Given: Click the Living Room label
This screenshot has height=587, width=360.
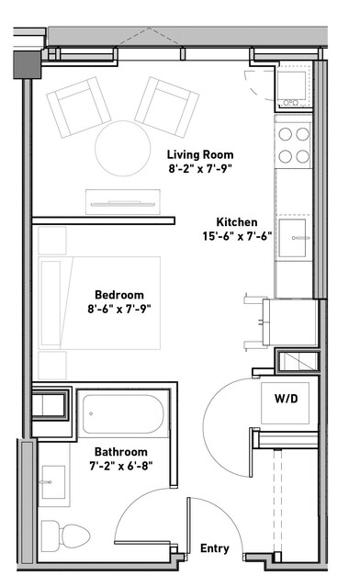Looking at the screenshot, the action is tap(200, 154).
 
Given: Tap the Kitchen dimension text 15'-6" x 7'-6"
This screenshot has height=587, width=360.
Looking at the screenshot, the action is tap(237, 237).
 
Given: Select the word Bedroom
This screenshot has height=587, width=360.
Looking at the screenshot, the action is tap(119, 295).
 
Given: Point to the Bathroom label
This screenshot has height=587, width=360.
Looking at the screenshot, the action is tap(121, 452).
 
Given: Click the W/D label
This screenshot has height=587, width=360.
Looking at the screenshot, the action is tap(287, 399).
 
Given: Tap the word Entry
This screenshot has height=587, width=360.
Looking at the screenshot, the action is tap(215, 548).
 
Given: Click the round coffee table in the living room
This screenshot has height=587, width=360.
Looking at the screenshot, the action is tap(123, 148).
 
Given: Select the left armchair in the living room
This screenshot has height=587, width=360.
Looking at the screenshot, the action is tap(79, 107).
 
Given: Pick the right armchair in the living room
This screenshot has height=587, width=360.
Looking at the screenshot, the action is tap(167, 107).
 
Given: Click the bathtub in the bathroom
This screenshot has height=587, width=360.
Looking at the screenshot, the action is tap(123, 414).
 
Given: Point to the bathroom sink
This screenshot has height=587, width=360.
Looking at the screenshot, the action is tap(53, 482).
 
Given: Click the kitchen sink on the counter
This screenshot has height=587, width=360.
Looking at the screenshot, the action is tap(293, 238).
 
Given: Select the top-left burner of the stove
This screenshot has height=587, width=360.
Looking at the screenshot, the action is tap(286, 133).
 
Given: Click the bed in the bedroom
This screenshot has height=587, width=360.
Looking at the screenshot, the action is tap(99, 303).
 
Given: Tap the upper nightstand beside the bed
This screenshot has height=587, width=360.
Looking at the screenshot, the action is tap(52, 241).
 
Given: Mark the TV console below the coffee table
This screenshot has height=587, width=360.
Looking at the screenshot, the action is tap(123, 202).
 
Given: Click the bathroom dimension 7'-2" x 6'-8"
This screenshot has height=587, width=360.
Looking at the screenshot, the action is tap(121, 467).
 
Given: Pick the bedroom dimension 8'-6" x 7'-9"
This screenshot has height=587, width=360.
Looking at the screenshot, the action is tap(119, 310).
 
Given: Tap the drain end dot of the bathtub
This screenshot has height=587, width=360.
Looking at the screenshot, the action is tap(91, 413).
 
